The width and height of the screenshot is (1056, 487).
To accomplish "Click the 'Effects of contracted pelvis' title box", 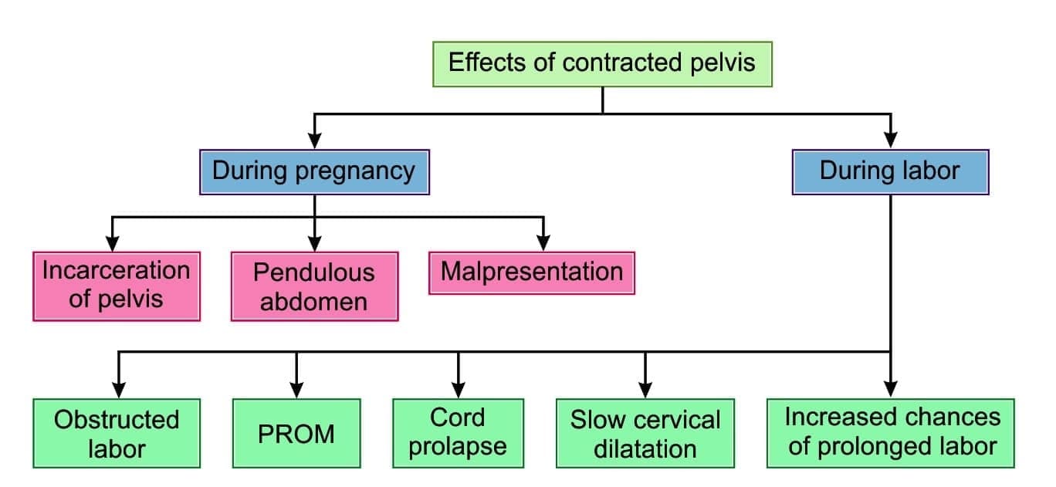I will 602,63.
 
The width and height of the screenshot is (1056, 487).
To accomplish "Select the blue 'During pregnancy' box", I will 314,171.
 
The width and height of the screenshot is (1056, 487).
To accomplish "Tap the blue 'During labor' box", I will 890,171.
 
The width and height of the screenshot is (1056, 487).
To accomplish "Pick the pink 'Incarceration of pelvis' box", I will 117,286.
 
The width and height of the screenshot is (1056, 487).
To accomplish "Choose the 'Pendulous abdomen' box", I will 314,286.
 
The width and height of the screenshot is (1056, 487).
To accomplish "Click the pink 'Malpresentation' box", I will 532,272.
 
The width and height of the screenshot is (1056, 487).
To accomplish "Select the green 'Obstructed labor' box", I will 117,433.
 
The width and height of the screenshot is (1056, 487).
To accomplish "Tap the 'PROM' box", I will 296,433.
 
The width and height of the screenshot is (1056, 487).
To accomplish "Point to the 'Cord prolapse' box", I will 458,433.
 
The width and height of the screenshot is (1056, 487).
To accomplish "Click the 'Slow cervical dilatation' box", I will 645,433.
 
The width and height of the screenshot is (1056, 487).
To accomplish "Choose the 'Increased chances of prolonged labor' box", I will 891,433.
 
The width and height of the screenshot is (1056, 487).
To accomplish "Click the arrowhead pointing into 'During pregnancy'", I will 314,140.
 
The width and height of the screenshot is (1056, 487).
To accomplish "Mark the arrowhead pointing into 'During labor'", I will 891,140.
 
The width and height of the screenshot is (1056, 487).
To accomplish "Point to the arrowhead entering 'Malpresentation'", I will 543,243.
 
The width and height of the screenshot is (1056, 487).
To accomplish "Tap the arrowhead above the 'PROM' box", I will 296,391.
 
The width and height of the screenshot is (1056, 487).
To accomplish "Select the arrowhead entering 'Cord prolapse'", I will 458,391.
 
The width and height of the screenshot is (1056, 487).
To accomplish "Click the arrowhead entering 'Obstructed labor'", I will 118,391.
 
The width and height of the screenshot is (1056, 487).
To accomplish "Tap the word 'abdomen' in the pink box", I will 314,300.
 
